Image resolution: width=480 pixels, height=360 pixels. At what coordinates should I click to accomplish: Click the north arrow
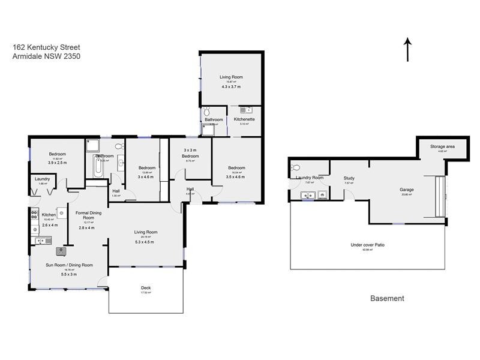point(408,49)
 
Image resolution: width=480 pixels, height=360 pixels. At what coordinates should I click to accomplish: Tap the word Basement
point(387,298)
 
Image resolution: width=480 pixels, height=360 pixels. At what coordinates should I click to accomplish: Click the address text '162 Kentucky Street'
point(46,47)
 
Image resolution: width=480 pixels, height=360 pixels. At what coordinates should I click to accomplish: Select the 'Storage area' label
point(442,146)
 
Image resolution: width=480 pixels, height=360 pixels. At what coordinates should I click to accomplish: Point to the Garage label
point(407,190)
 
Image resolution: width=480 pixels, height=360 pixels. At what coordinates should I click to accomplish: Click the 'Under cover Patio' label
point(367,245)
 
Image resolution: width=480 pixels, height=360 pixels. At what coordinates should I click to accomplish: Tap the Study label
point(349,178)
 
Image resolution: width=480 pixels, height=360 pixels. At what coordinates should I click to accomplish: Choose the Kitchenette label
point(244,119)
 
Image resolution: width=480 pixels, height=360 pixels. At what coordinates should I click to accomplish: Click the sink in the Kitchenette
point(245,110)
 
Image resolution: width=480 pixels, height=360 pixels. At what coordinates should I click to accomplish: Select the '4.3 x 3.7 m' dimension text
point(231,86)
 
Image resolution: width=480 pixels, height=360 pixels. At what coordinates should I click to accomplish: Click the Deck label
point(146,288)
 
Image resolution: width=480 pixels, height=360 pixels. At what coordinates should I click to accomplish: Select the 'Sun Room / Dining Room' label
point(69,265)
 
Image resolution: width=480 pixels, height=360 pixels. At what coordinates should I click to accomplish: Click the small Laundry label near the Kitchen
point(42,178)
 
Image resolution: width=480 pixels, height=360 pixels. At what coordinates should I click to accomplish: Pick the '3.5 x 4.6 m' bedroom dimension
point(236,177)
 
